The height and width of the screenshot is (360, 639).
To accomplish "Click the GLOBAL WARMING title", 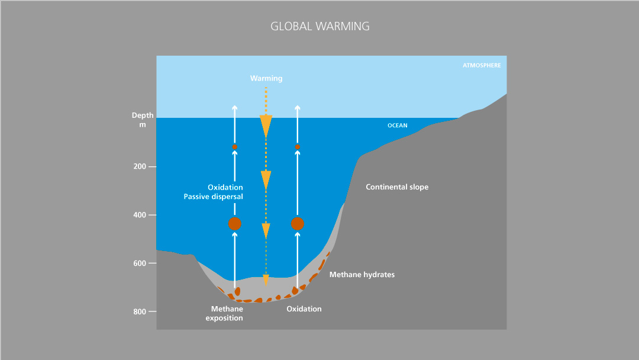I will click(319, 27).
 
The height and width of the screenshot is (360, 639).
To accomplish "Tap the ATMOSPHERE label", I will click(481, 66).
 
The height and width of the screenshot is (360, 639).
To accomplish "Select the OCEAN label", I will click(397, 126).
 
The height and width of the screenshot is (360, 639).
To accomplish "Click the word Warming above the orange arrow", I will click(266, 78).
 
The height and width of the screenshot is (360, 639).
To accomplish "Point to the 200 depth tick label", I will click(140, 166).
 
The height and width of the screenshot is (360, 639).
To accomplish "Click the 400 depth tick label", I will click(140, 215).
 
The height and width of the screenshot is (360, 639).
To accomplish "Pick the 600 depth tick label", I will click(140, 263).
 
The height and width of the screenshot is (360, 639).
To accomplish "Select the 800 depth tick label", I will click(140, 311).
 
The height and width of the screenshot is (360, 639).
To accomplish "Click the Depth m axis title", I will click(143, 120).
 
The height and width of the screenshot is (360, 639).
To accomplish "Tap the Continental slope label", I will click(397, 187).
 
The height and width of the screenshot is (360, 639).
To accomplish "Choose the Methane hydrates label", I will click(362, 275).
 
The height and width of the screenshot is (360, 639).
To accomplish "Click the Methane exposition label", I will click(224, 314).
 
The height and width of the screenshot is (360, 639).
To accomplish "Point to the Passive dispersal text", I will click(213, 197).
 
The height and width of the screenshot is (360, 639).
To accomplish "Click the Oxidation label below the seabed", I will click(304, 309).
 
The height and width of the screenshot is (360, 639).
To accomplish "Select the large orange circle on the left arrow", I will click(235, 224).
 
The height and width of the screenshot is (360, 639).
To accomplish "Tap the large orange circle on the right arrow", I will click(298, 224).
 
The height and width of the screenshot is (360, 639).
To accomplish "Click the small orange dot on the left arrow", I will click(235, 146).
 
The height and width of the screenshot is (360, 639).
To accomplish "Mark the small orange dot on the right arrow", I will click(298, 146).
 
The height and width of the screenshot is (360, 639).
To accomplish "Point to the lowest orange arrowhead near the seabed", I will click(266, 280).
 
